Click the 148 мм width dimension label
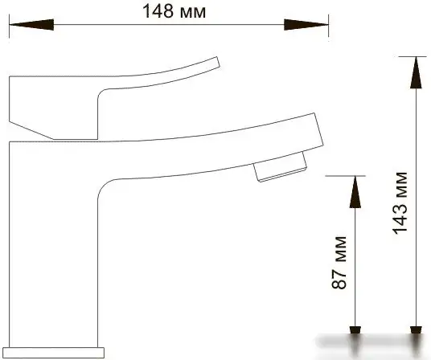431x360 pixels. coord(174,11)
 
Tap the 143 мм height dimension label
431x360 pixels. coord(400,203)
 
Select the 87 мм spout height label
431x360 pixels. coord(339,262)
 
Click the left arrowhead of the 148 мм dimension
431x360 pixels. coord(31,25)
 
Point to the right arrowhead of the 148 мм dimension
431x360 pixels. coord(306,25)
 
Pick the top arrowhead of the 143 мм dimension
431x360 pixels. coord(417,72)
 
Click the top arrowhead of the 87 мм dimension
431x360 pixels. coord(355,192)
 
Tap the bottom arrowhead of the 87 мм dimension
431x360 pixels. coord(355,330)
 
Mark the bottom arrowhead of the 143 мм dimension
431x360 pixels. coord(417,330)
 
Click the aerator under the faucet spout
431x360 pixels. coord(280,167)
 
